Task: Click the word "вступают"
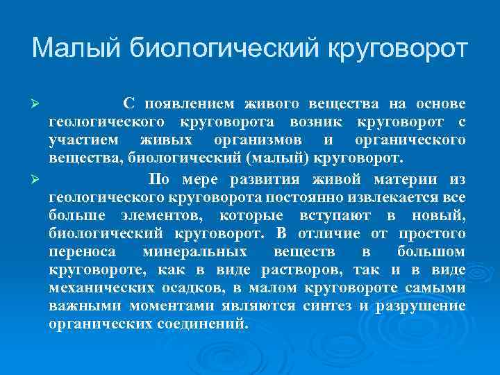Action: coord(337,215)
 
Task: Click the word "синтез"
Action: coord(328,306)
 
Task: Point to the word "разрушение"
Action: coord(421,306)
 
